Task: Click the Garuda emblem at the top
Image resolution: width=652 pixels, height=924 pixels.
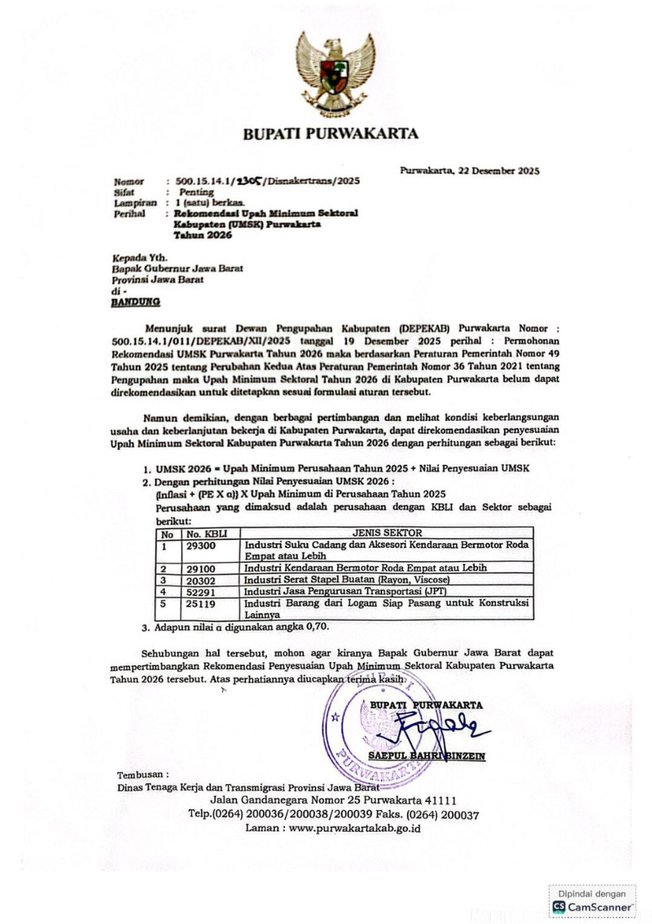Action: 334,72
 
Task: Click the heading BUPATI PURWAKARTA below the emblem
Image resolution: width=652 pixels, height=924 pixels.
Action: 330,134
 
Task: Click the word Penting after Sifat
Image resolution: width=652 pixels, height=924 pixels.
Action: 196,193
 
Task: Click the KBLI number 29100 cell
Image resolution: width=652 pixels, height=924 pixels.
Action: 201,568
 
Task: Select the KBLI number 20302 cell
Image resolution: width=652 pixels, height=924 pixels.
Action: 201,580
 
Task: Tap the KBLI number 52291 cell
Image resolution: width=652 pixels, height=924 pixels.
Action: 201,591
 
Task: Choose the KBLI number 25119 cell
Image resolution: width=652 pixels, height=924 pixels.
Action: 201,602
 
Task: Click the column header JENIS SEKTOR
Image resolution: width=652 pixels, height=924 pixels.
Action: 387,533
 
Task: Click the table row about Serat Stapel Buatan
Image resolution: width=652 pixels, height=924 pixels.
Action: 347,580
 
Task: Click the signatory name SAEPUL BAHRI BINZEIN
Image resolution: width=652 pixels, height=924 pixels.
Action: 427,756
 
